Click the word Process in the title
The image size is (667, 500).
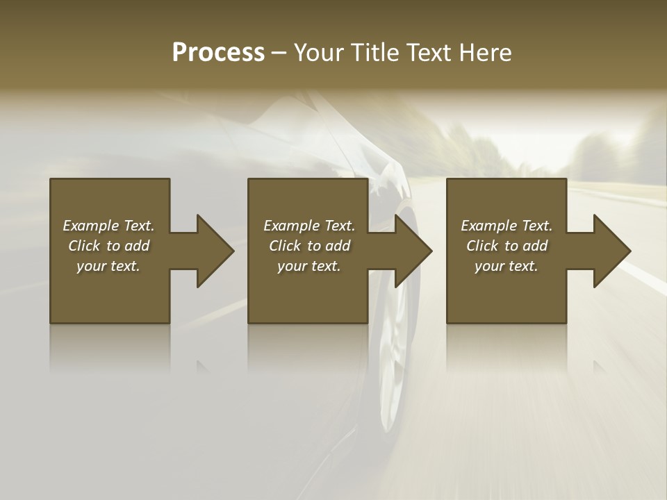click(x=218, y=53)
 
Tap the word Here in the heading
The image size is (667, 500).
click(x=486, y=53)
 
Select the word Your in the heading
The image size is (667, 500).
click(x=317, y=53)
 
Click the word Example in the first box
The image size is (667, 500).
click(x=91, y=226)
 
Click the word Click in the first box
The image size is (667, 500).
click(x=84, y=246)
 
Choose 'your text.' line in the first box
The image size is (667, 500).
click(x=108, y=266)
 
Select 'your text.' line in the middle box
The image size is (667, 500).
click(x=309, y=266)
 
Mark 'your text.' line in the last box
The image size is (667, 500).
click(x=507, y=266)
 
